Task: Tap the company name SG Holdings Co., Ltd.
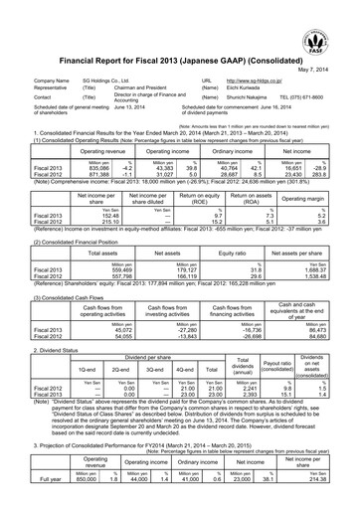coord(90,78)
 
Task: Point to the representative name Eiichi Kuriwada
coord(245,86)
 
